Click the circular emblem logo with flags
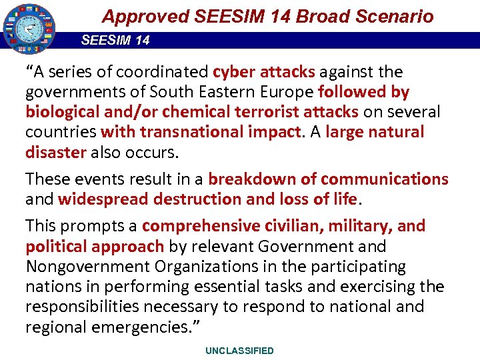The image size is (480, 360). (x=28, y=29)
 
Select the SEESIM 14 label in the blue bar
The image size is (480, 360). (x=115, y=40)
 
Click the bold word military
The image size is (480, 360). (x=359, y=226)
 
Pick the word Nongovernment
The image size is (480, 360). (x=87, y=267)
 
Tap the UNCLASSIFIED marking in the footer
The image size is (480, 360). (x=239, y=351)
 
